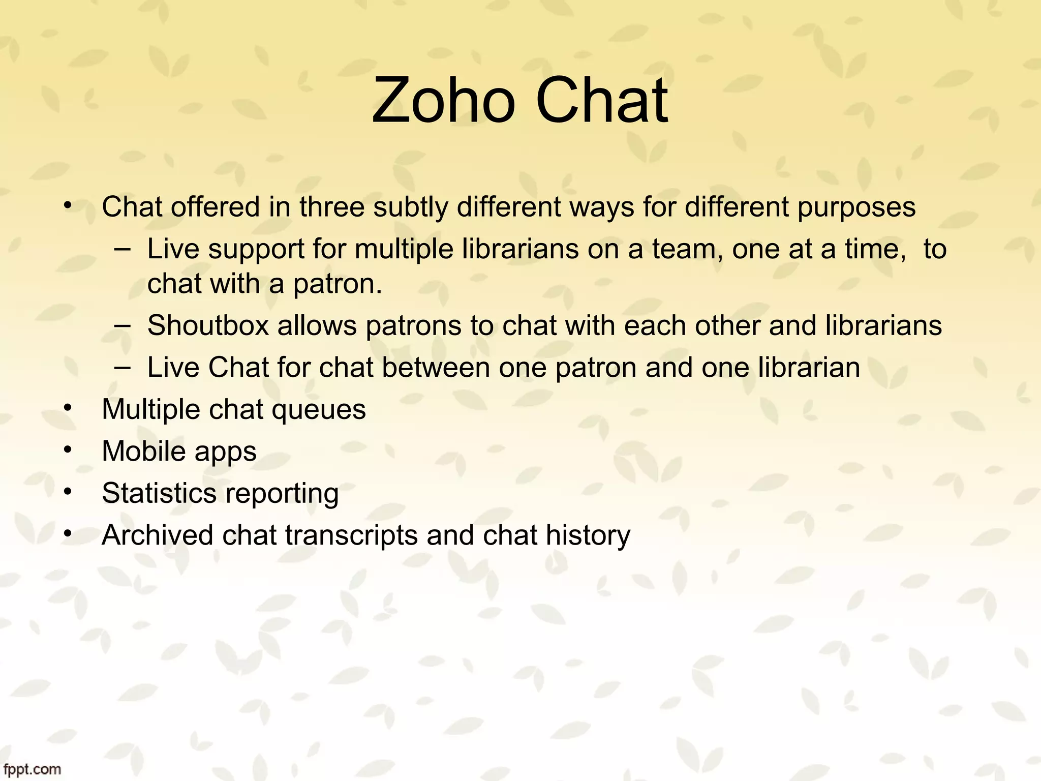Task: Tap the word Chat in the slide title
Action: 601,100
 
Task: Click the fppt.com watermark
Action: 31,769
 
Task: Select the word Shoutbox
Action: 208,325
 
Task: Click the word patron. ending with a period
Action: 338,284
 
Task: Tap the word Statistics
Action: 159,493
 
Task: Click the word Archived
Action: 158,535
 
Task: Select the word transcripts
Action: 351,536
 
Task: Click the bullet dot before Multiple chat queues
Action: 69,408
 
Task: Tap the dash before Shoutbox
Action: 123,325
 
